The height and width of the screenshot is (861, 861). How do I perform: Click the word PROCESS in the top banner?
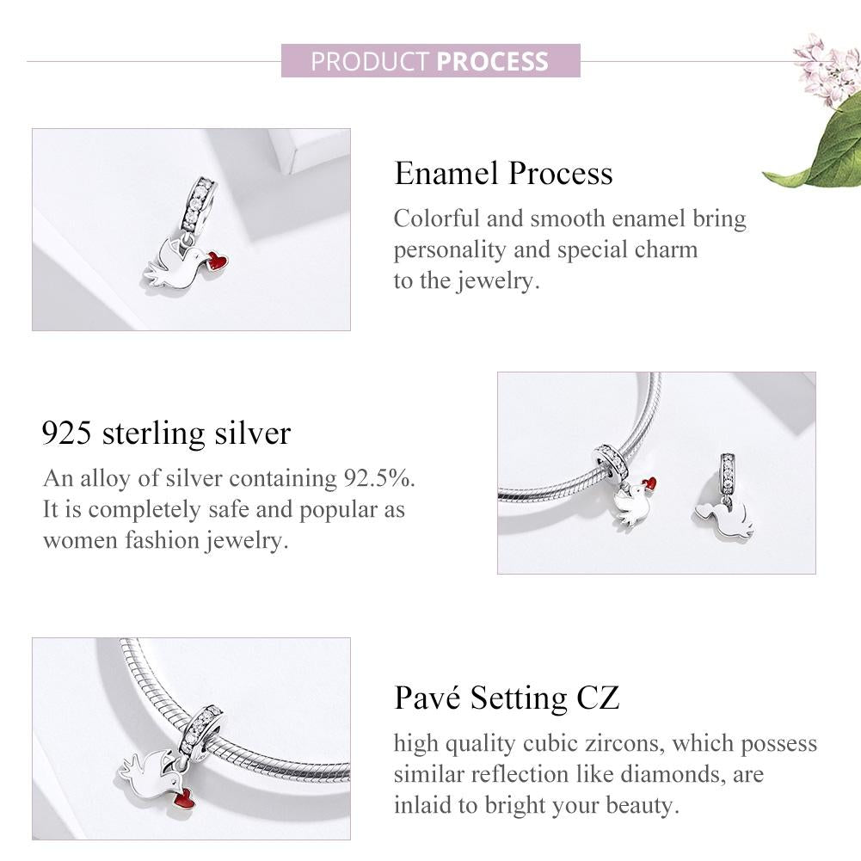(492, 62)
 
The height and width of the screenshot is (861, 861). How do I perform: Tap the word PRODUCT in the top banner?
(370, 62)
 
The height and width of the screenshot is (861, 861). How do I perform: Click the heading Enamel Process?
(503, 173)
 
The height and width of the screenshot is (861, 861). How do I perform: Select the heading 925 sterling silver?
(166, 433)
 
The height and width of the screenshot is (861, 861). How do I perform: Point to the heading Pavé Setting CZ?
(507, 698)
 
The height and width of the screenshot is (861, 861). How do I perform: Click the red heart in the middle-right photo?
(651, 483)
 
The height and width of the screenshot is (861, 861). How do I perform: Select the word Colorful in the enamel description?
(435, 218)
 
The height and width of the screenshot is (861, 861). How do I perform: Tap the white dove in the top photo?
(175, 266)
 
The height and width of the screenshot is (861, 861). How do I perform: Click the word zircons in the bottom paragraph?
(616, 742)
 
